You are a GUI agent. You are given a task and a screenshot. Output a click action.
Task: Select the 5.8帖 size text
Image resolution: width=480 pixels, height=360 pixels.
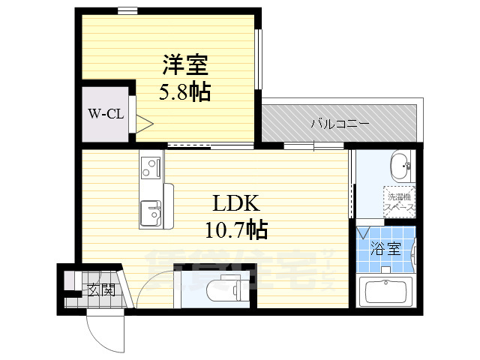point(184,92)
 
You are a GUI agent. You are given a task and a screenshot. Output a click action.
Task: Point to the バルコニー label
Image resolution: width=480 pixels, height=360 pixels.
point(340,123)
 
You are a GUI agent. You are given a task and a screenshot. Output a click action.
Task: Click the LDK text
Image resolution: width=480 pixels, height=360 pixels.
point(236,203)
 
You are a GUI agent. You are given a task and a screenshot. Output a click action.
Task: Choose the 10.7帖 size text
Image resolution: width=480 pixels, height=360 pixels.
point(236,229)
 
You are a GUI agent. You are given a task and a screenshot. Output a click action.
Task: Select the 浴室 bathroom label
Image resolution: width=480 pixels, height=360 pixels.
point(388,249)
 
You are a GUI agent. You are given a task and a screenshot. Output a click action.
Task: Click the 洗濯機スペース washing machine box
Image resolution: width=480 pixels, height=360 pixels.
point(398,201)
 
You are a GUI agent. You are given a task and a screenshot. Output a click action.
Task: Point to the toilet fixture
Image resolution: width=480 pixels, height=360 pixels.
point(222,285)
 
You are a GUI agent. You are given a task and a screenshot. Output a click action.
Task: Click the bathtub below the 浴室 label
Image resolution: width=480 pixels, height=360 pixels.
point(387,292)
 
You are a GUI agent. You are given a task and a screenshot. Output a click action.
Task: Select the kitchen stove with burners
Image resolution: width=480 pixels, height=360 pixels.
point(150,166)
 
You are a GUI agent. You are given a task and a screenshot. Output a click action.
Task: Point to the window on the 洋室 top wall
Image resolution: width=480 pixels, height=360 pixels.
point(127,10)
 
